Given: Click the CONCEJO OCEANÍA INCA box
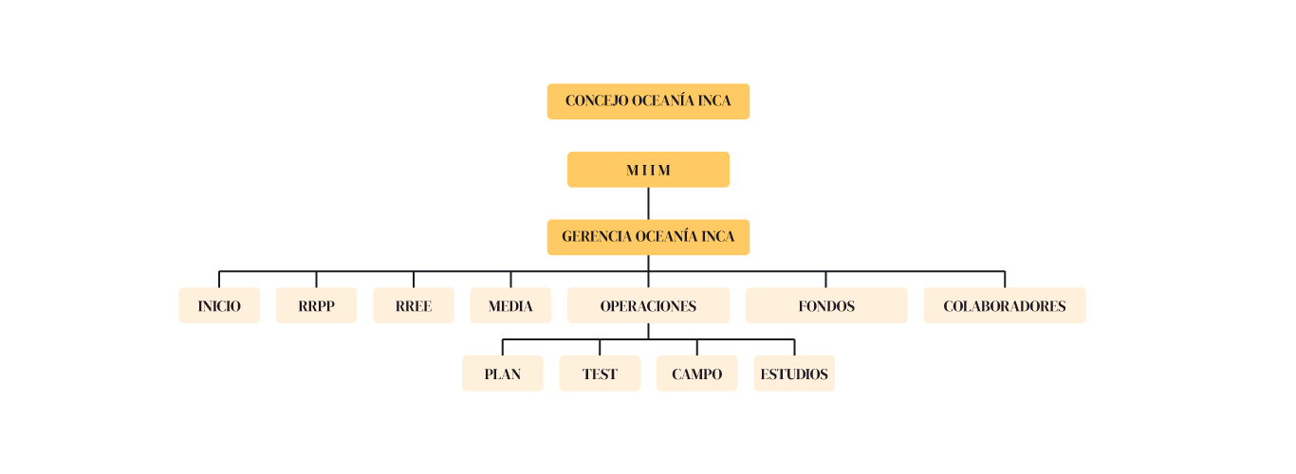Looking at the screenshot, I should click(x=648, y=101).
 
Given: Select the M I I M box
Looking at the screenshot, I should click(x=648, y=170).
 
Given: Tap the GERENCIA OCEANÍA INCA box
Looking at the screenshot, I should click(x=648, y=237).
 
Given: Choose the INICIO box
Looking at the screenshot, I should click(x=219, y=305).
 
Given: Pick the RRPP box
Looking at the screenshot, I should click(x=316, y=305).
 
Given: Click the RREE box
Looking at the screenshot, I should click(x=414, y=305).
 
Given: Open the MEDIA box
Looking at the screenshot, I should click(x=510, y=305).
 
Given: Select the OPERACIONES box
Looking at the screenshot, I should click(x=648, y=305).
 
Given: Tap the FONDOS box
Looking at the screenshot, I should click(x=826, y=305).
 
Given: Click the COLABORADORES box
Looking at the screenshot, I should click(x=1005, y=305).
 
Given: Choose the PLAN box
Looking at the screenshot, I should click(x=503, y=374).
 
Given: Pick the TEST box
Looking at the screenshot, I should click(x=600, y=374).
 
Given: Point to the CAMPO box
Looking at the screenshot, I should click(x=697, y=374).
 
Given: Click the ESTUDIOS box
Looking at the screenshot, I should click(x=794, y=374).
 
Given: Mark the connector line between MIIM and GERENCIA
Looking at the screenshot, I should click(x=648, y=203).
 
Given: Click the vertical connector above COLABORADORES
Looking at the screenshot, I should click(x=1005, y=279).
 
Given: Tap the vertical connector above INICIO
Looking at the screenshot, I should click(x=219, y=279).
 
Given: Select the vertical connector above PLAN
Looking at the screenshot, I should click(x=503, y=347).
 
